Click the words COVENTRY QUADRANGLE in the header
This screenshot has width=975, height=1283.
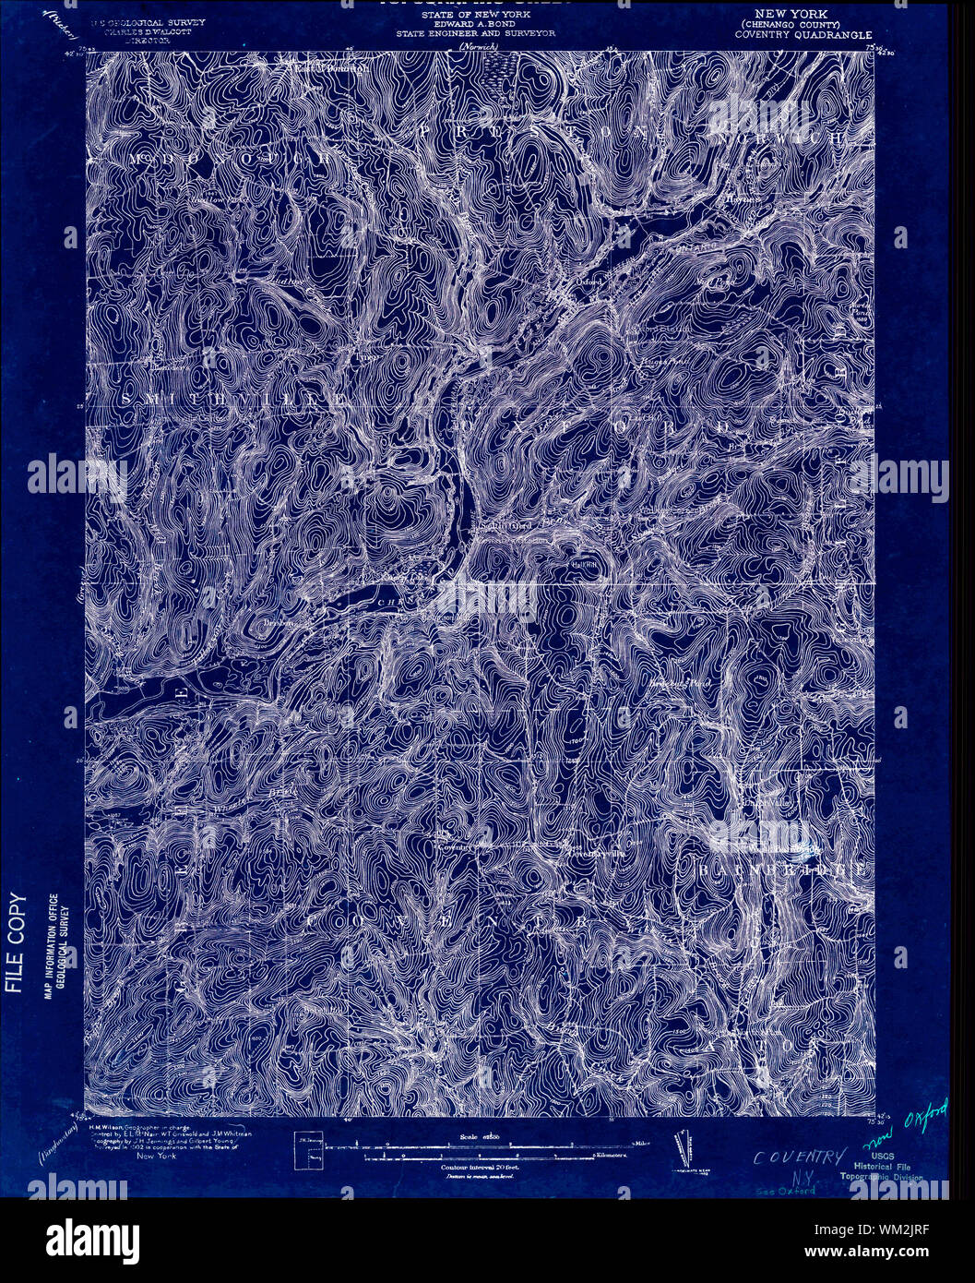click(x=803, y=35)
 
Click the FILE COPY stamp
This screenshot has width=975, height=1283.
click(x=15, y=942)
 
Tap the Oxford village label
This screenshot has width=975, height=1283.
click(x=590, y=281)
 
